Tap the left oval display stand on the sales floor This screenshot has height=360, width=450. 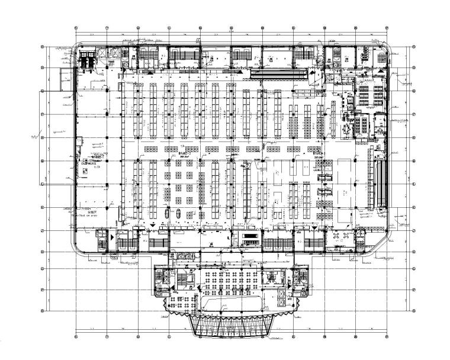tap(166, 213)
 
